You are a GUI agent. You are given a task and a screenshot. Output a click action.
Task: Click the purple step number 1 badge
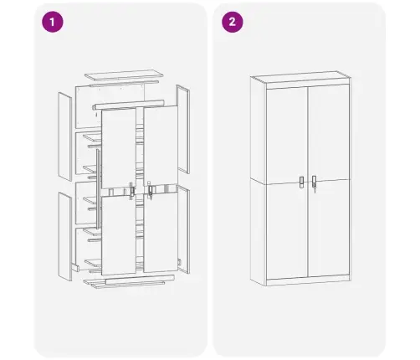[53, 23]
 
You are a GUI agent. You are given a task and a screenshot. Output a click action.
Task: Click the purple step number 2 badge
[229, 23]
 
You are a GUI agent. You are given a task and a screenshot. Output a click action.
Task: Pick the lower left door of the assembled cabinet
[286, 230]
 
